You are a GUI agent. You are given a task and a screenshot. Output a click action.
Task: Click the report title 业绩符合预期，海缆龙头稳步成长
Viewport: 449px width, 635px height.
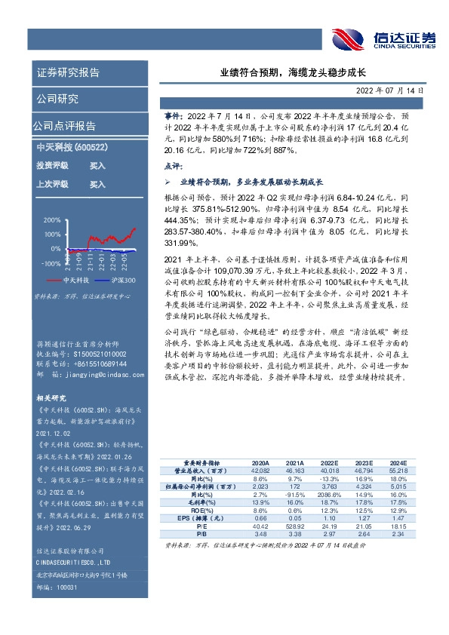pyautogui.click(x=293, y=72)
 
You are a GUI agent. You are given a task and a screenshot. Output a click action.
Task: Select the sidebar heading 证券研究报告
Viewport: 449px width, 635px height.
pyautogui.click(x=68, y=72)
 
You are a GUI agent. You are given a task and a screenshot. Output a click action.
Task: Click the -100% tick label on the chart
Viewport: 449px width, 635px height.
pyautogui.click(x=50, y=263)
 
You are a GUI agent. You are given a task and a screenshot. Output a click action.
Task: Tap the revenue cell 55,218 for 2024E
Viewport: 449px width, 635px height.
pyautogui.click(x=397, y=471)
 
